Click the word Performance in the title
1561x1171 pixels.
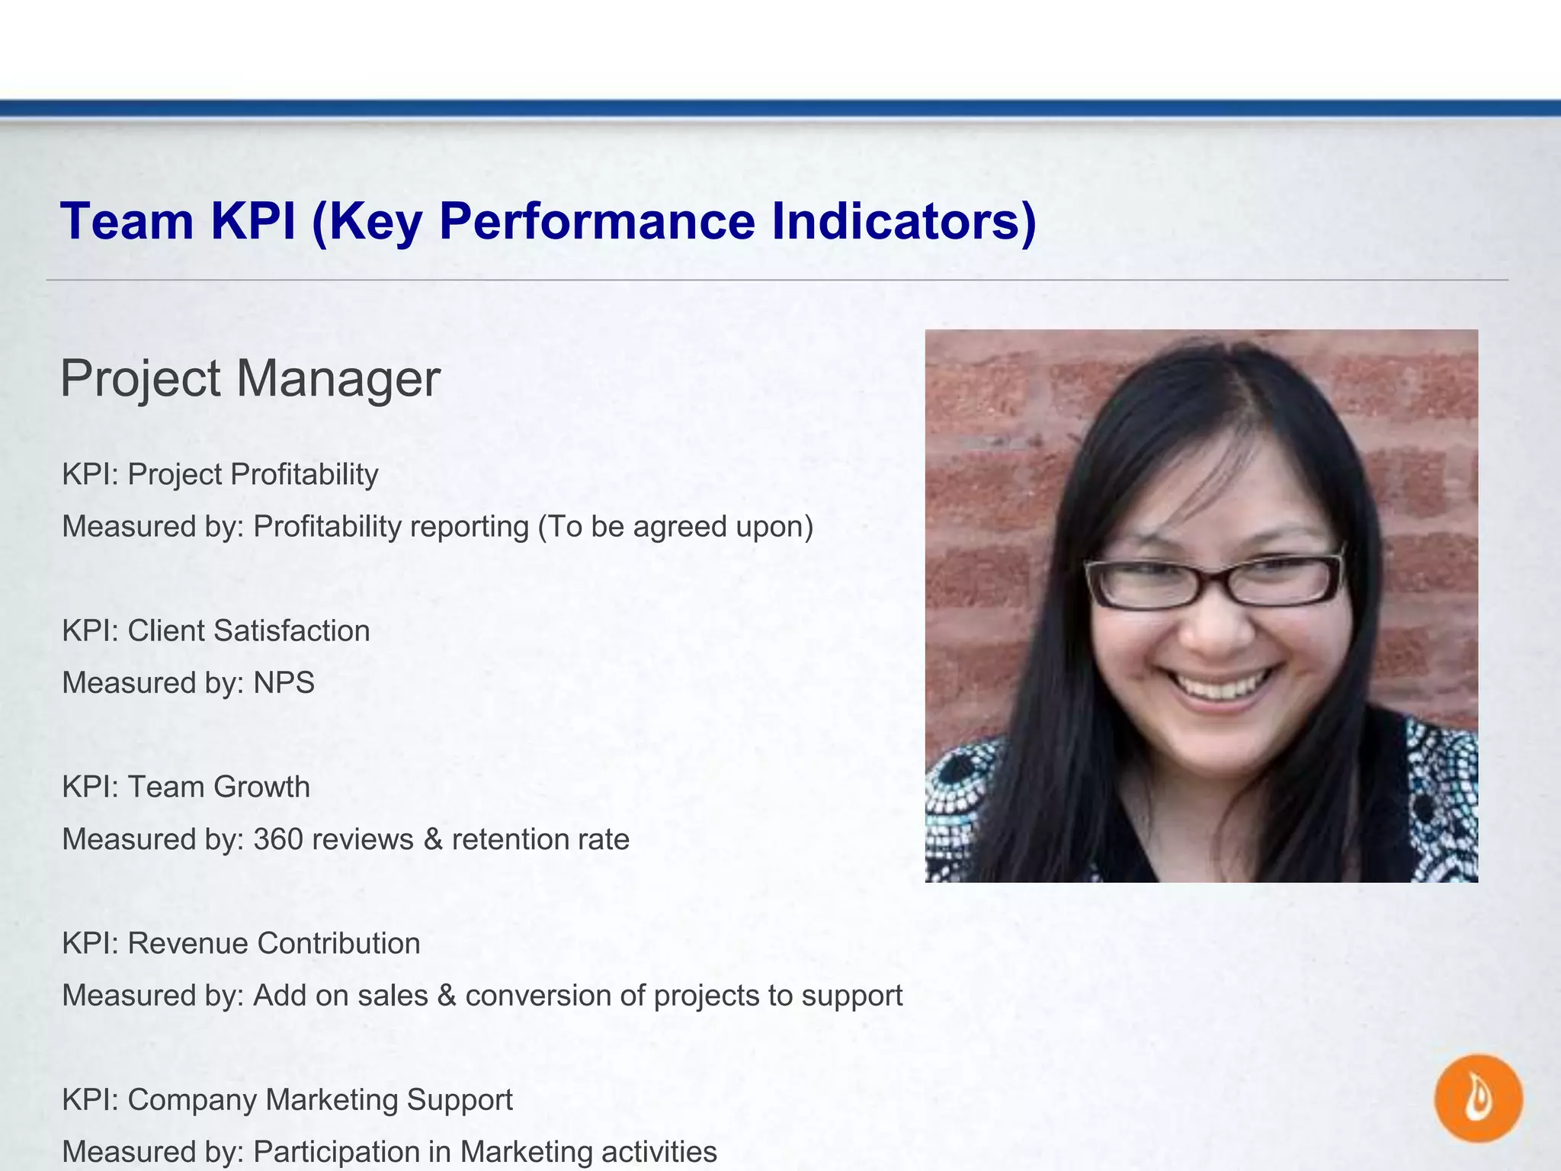tap(597, 222)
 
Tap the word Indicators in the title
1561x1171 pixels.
tap(903, 222)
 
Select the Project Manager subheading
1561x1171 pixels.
tap(250, 379)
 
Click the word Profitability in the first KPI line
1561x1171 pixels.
tap(305, 475)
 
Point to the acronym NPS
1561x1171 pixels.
tap(284, 683)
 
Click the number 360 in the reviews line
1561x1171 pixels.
tap(278, 839)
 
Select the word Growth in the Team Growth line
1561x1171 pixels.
tap(261, 788)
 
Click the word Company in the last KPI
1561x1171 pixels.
tap(191, 1100)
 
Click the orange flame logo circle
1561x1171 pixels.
tap(1478, 1099)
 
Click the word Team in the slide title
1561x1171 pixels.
tap(127, 222)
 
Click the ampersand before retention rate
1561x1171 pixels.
tap(433, 839)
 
